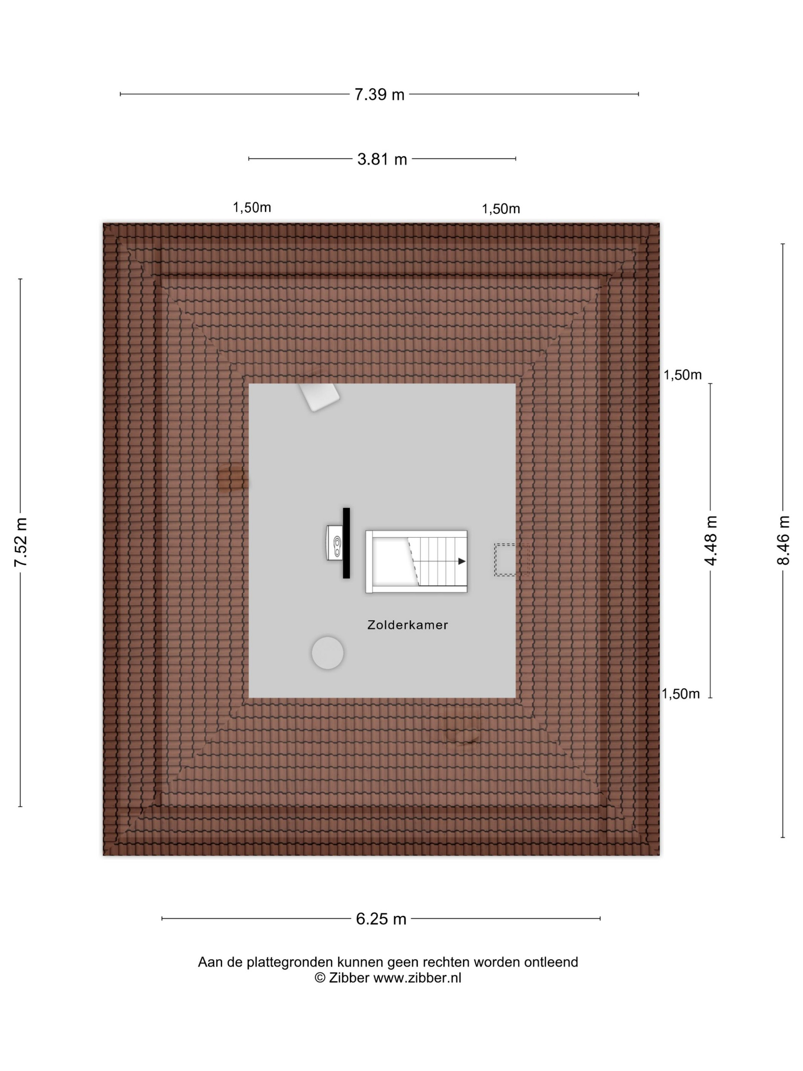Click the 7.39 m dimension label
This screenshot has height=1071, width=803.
coord(379,94)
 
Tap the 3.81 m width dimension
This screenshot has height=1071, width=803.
coord(382,159)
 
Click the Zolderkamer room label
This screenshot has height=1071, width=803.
coord(408,625)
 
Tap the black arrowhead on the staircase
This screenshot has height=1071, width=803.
coord(462,561)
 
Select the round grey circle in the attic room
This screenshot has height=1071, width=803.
coord(328,653)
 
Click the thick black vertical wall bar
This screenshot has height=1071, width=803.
coord(346,543)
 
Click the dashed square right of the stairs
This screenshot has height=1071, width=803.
coord(511,560)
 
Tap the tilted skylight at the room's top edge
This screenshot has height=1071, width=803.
coord(319,397)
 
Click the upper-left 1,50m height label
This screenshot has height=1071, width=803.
coord(252,208)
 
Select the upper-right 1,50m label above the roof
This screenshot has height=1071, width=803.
coord(501,209)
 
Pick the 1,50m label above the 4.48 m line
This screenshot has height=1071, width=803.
coord(683,375)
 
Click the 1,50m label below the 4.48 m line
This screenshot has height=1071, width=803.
coord(681,694)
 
